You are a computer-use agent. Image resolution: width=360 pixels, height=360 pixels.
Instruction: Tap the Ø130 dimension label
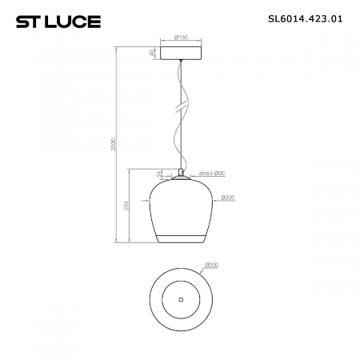coord(181,37)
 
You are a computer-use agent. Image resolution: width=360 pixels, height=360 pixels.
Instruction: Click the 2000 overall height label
coord(114,144)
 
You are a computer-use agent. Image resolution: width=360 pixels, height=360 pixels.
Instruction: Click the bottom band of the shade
coord(181,237)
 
